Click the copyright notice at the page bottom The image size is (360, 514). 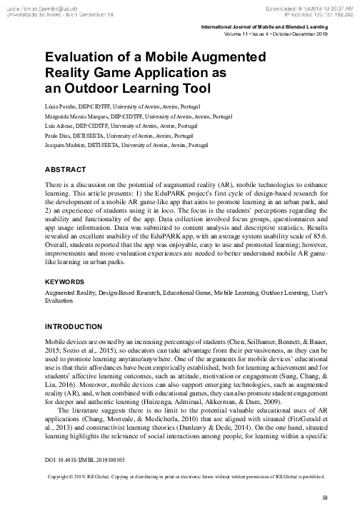186,477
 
